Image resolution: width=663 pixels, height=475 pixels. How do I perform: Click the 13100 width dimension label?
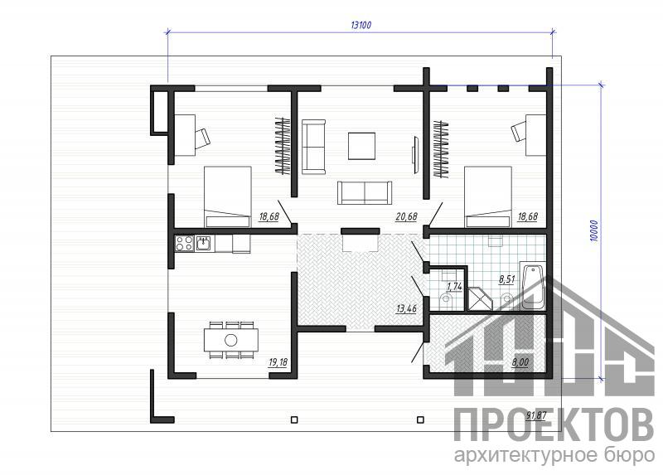tap(361, 25)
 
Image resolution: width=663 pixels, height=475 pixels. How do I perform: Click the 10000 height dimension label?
tap(595, 231)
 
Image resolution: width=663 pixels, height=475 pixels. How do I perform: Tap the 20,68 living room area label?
tap(406, 217)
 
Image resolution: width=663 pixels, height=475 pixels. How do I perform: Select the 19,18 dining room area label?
tap(278, 362)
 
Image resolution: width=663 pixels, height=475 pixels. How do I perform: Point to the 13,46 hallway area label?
tap(406, 308)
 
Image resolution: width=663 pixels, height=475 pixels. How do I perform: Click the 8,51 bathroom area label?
tap(506, 279)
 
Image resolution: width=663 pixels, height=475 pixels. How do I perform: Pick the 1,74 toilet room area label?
tap(454, 286)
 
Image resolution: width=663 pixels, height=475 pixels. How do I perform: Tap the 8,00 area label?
tap(520, 362)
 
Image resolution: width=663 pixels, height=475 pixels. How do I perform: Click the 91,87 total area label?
tap(536, 415)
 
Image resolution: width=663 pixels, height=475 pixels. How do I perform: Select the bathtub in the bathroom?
tap(533, 286)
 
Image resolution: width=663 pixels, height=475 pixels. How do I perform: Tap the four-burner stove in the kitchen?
tap(184, 244)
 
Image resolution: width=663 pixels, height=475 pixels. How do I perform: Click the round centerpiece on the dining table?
tap(231, 340)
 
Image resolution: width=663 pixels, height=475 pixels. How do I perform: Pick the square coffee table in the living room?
tap(361, 146)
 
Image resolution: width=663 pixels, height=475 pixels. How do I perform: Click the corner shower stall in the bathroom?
tap(481, 298)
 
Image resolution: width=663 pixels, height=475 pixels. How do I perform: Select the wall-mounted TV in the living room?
tap(416, 153)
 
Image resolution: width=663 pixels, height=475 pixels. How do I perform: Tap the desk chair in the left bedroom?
tap(202, 137)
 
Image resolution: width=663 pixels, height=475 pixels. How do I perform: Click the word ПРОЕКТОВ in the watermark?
tap(554, 424)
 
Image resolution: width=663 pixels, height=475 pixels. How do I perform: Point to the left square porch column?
tap(294, 419)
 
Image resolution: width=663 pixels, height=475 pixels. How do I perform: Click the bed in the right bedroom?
tap(488, 197)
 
